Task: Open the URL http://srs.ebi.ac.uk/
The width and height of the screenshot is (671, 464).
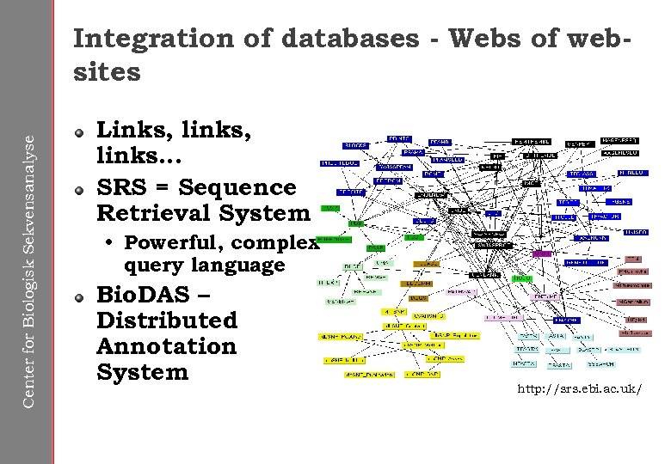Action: tap(579, 389)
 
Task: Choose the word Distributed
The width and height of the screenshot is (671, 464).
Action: tap(166, 321)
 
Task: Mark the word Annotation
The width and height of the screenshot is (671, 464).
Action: tap(166, 346)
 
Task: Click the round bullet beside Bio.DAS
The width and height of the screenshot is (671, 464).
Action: tap(80, 296)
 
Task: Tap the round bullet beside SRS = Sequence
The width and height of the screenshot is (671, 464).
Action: tap(80, 188)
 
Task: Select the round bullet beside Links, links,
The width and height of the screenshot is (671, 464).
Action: tap(80, 132)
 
